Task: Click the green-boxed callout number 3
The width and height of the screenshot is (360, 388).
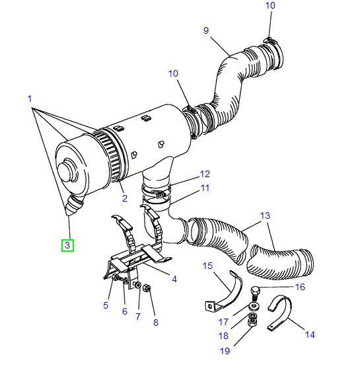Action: click(69, 246)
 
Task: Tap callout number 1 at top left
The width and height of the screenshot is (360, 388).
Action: click(30, 99)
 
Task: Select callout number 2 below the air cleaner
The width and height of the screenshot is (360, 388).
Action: click(124, 198)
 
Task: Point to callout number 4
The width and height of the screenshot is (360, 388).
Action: click(174, 279)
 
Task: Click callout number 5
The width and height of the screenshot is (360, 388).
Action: click(105, 305)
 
